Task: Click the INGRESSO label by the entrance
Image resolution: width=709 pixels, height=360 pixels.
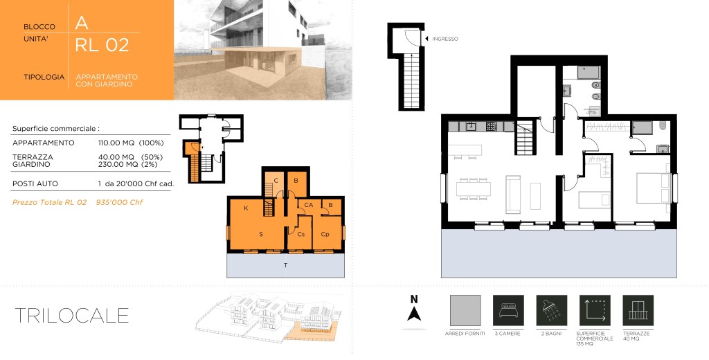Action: click(x=445, y=39)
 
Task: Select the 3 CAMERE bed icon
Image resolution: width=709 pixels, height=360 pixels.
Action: click(x=508, y=311)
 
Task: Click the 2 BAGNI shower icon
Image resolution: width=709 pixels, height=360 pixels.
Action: click(x=552, y=311)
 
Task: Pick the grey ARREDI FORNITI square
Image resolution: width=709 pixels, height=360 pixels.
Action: click(x=465, y=311)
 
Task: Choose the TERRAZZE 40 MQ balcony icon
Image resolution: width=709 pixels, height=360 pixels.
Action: click(x=638, y=311)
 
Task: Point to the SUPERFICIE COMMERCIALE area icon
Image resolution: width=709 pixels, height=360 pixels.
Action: click(x=595, y=311)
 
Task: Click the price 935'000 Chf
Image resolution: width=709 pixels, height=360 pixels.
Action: click(x=119, y=202)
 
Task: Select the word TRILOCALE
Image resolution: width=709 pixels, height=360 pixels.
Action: click(x=72, y=315)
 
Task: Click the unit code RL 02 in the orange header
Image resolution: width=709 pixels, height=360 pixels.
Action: click(x=102, y=45)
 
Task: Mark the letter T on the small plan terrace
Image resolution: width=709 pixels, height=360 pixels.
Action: click(x=285, y=265)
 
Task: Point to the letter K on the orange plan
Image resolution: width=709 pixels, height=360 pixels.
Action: click(x=246, y=208)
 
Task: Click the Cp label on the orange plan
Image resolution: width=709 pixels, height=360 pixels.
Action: click(x=325, y=234)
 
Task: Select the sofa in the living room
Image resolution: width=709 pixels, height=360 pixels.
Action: click(x=513, y=195)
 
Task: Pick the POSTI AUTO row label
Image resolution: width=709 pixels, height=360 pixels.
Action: click(x=35, y=184)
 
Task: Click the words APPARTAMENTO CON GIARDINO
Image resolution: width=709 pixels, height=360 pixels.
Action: click(x=107, y=80)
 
